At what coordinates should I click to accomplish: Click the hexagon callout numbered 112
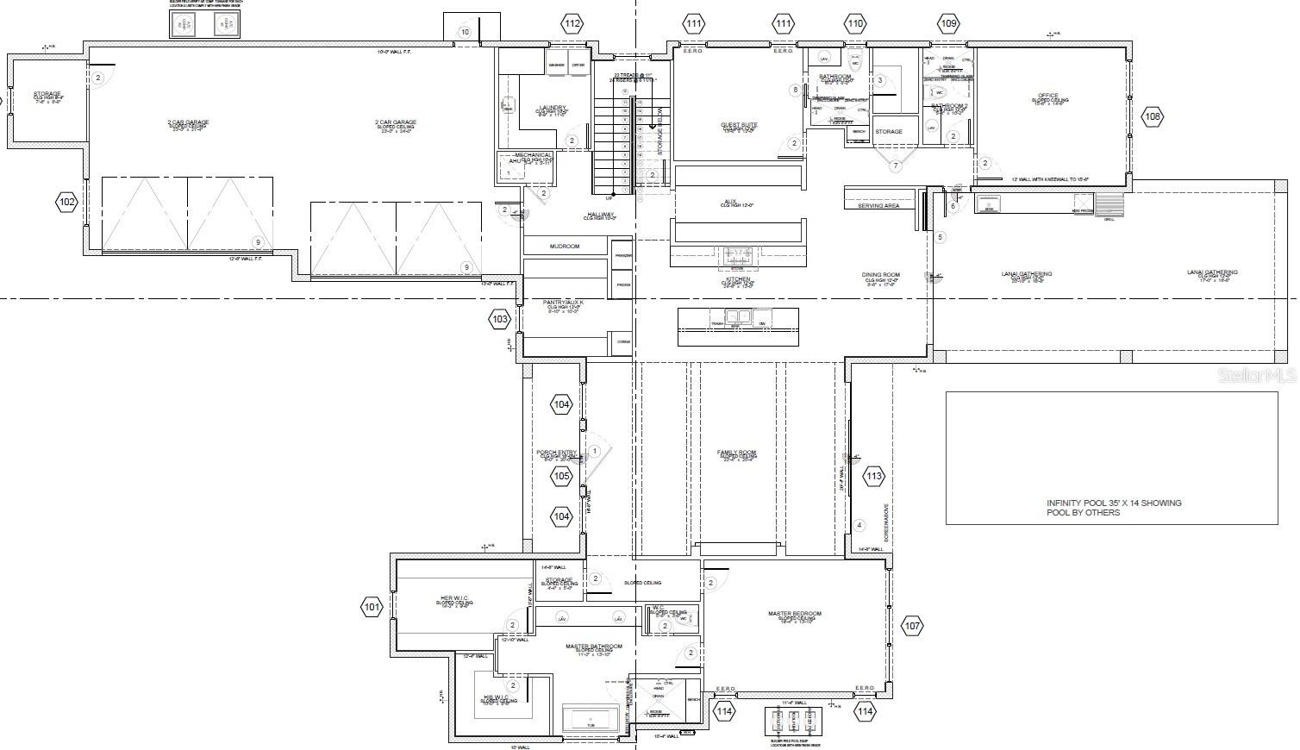pos(572,23)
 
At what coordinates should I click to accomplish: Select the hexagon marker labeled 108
pos(1153,116)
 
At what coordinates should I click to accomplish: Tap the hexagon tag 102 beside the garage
pos(67,203)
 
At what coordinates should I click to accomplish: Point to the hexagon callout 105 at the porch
pos(562,476)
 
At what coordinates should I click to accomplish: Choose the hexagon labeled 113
pos(874,476)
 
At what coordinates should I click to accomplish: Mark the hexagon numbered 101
pos(372,608)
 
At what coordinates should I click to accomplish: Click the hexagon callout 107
pos(913,627)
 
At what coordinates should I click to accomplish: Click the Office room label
pos(1047,96)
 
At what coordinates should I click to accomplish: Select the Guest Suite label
pos(739,125)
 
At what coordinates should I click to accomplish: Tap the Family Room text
pos(736,453)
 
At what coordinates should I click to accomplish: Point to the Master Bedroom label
pos(794,614)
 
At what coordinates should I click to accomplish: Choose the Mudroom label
pos(565,247)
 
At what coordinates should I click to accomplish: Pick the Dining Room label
pos(880,275)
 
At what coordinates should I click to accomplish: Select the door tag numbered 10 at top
pos(465,32)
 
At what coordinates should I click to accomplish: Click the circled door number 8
pos(796,90)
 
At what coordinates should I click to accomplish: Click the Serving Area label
pos(878,206)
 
